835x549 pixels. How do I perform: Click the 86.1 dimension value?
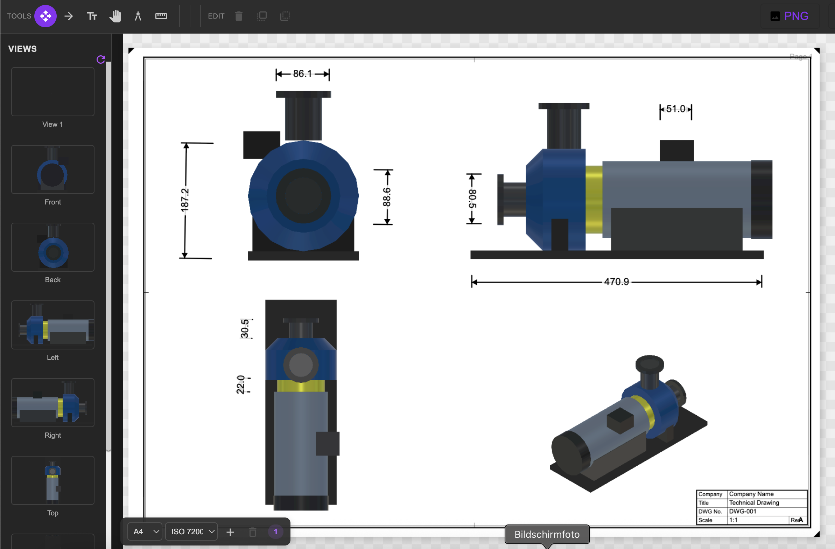[x=302, y=74]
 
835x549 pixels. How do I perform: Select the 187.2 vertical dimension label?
[x=185, y=200]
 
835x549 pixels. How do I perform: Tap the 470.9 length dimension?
[x=616, y=282]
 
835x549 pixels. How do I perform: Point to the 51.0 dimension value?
[x=675, y=109]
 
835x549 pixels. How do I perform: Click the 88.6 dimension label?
[x=387, y=197]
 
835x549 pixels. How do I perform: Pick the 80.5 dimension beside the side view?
[x=472, y=199]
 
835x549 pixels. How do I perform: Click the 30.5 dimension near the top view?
[x=245, y=328]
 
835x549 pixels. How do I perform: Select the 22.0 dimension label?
[x=241, y=384]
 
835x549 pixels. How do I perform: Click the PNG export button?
[x=790, y=16]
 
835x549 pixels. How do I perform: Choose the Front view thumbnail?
[x=52, y=169]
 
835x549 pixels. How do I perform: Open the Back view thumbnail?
[x=52, y=247]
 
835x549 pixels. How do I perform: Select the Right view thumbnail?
[x=52, y=403]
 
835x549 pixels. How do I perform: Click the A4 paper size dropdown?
[x=145, y=532]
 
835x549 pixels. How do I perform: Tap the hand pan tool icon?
[x=115, y=16]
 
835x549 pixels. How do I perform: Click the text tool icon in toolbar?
[x=92, y=16]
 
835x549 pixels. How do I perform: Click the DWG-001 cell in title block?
[x=742, y=512]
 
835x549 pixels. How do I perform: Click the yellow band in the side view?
[x=594, y=199]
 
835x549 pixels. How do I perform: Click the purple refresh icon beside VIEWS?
[x=101, y=60]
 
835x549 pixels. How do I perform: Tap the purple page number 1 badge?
[x=275, y=532]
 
